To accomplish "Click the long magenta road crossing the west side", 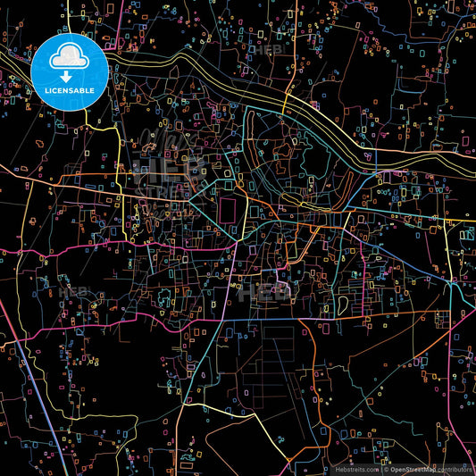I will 71,251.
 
